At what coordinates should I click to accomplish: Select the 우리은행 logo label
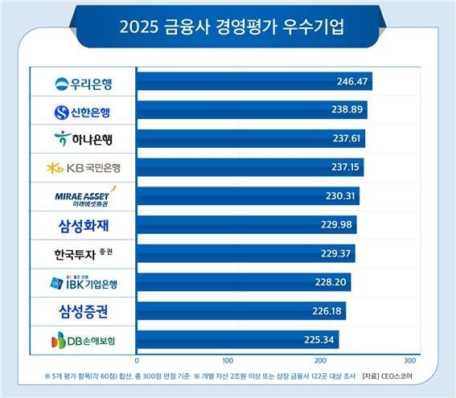[83, 83]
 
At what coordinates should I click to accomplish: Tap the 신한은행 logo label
[83, 111]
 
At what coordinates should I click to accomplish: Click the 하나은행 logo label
[83, 139]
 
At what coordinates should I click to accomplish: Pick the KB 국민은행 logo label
[83, 168]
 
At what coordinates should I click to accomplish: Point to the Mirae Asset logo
[83, 196]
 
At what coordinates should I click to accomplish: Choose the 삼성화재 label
[83, 224]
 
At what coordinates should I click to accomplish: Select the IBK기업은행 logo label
[83, 282]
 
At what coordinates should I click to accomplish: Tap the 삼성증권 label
[83, 311]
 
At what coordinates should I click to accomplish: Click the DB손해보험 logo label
[83, 340]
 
